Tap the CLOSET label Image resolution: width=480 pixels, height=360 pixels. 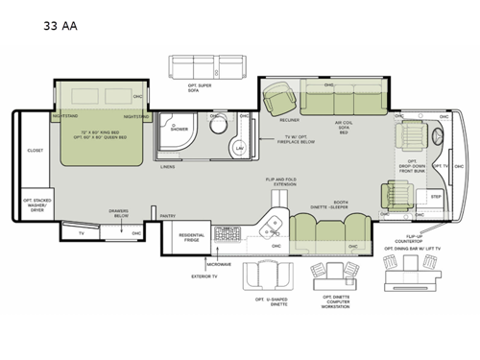click(x=36, y=151)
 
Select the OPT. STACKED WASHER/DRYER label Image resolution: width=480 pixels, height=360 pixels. click(x=36, y=204)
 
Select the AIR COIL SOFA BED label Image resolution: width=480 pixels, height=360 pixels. click(x=343, y=128)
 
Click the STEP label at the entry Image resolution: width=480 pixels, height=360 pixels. click(x=435, y=195)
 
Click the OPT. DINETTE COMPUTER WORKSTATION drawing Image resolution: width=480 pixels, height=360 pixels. click(x=329, y=278)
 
